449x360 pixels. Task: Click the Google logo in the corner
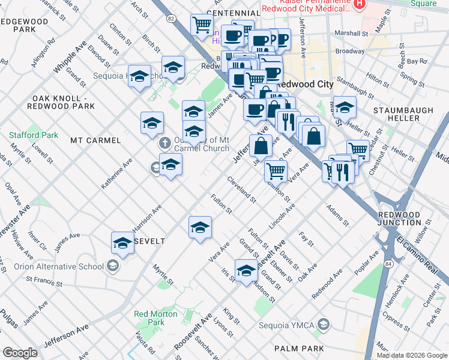click(x=20, y=353)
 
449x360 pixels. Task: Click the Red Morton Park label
click(x=155, y=318)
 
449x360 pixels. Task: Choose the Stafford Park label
click(x=34, y=135)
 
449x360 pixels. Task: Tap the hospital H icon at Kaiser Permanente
click(x=359, y=4)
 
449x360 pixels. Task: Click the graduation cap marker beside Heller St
click(x=345, y=107)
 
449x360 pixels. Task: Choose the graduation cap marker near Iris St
click(x=246, y=271)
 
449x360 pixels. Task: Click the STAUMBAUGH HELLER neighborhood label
click(x=396, y=115)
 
